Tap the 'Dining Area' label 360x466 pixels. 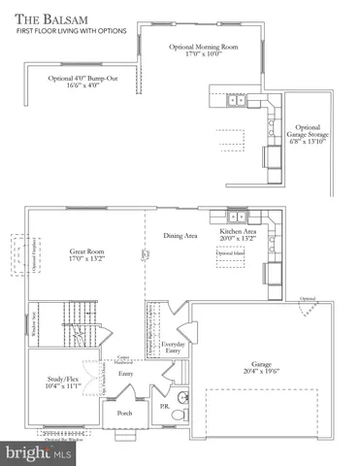click(179, 235)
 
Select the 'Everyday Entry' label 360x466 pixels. click(174, 349)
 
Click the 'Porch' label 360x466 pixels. click(124, 412)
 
